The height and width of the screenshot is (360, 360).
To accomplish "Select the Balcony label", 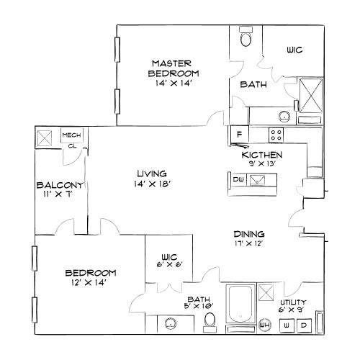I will (60, 185).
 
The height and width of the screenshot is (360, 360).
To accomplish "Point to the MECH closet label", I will (71, 135).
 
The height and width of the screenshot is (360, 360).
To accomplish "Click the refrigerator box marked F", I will (238, 134).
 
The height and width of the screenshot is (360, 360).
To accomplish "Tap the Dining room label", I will (250, 234).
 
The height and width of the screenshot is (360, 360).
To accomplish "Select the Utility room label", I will (293, 302).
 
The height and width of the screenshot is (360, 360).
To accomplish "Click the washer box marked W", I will (287, 325).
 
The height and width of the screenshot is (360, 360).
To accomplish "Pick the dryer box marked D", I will (304, 325).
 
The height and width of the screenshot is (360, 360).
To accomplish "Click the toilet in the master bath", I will (246, 38).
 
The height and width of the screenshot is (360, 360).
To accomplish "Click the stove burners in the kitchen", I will (276, 133).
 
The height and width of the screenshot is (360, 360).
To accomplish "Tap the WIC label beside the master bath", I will (294, 50).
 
